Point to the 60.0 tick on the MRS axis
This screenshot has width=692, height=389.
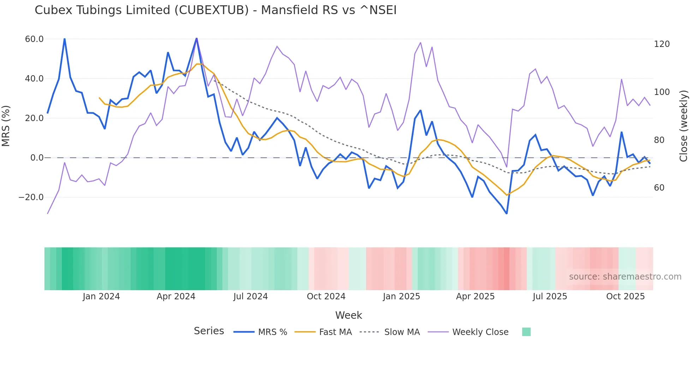coord(34,39)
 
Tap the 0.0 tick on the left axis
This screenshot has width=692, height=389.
coord(37,158)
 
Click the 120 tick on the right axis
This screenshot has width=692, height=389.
coord(662,44)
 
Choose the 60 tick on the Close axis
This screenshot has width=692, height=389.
coord(659,188)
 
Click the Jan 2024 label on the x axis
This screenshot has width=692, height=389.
coord(101,297)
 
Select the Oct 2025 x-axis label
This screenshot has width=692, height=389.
coord(625,297)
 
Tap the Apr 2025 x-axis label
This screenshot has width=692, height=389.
coord(475,297)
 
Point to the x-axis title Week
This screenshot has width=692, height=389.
coord(348,315)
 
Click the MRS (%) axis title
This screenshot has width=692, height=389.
coord(6,126)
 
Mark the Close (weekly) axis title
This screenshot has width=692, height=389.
coord(684,126)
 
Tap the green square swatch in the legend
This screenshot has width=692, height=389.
coord(526,332)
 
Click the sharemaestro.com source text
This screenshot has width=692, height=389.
coord(625,277)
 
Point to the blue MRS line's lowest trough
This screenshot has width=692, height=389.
coord(507,214)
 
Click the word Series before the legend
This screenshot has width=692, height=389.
coord(209,331)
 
